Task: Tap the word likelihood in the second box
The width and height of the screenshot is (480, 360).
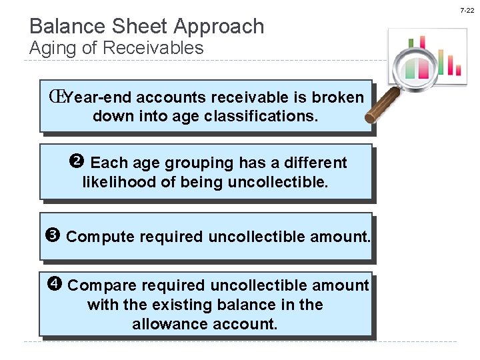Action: coord(119,181)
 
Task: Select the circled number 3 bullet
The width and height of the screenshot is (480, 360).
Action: coord(54,235)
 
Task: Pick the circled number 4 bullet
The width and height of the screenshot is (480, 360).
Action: coord(55,285)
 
